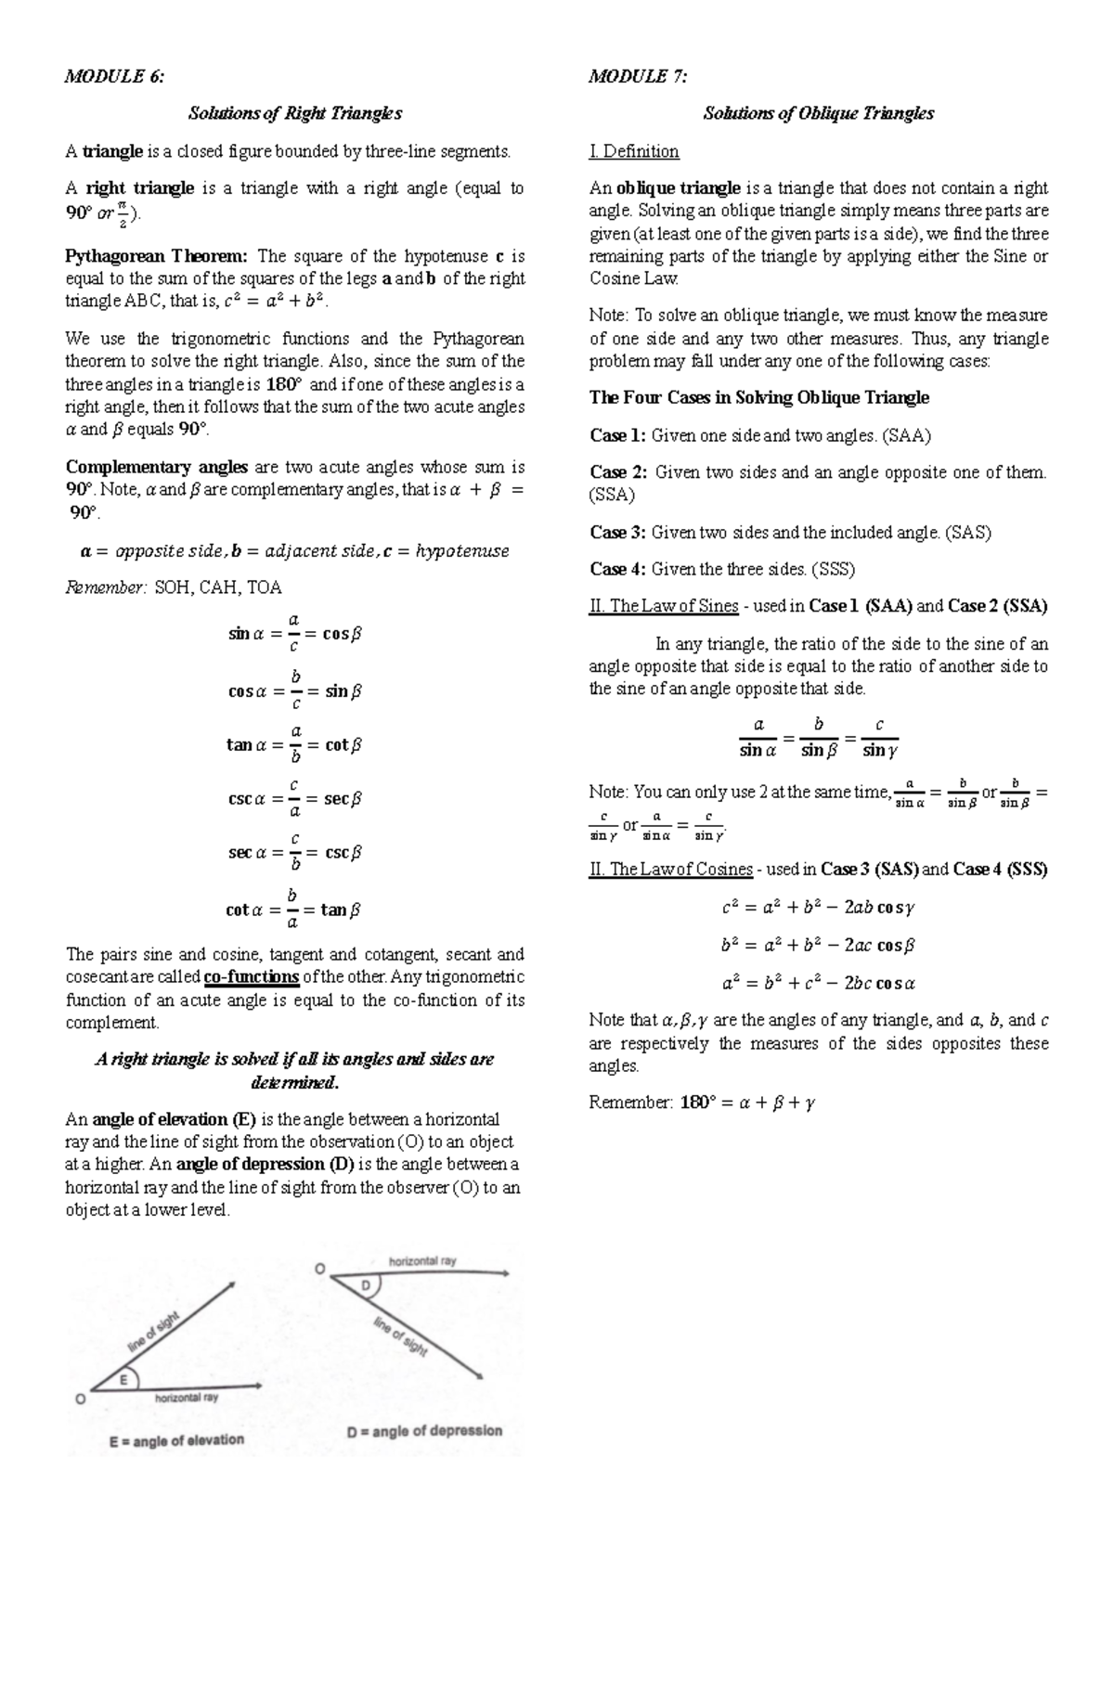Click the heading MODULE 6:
tap(114, 76)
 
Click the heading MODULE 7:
tap(638, 76)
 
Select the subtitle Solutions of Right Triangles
tap(294, 113)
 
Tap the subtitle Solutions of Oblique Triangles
tap(818, 113)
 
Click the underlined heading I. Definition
tap(634, 150)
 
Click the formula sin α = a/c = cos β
tap(294, 634)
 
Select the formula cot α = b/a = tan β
tap(293, 910)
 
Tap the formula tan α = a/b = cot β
tap(293, 744)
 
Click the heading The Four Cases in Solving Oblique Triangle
tap(758, 397)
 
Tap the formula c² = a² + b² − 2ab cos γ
tap(818, 908)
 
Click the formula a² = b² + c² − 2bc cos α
tap(818, 983)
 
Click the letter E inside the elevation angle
tap(123, 1381)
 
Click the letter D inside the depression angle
tap(365, 1285)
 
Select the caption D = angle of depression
tap(424, 1431)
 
